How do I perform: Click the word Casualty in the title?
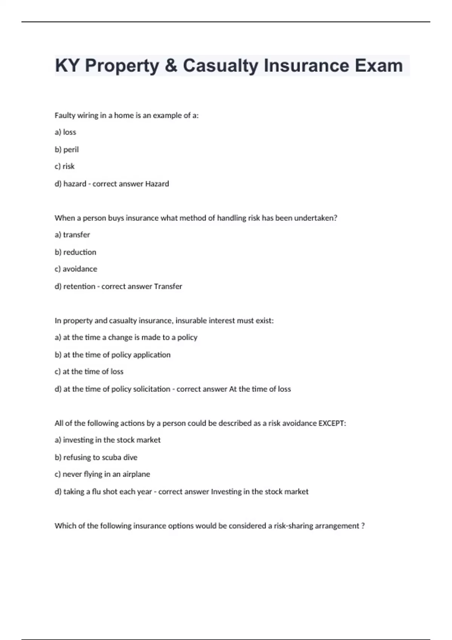coord(221,66)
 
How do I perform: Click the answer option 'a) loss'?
coord(66,132)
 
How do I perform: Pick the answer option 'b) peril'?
coord(67,149)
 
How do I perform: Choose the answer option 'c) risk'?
coord(65,166)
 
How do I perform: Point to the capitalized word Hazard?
coord(157,184)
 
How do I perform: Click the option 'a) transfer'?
coord(72,235)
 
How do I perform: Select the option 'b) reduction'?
coord(75,252)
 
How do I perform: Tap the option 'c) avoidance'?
coord(76,269)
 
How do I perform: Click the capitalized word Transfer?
coord(168,286)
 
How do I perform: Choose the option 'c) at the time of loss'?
coord(89,372)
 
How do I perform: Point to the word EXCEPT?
coord(331,423)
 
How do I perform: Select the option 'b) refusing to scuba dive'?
coord(96,457)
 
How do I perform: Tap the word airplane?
coord(136,474)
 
